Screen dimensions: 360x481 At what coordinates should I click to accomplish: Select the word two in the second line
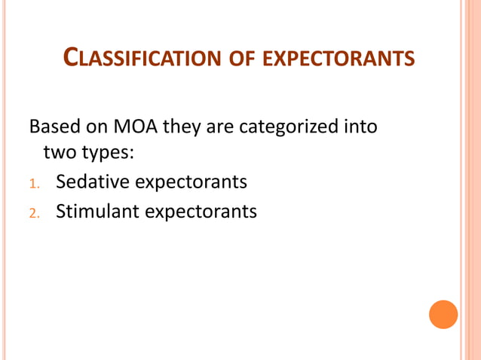(58, 154)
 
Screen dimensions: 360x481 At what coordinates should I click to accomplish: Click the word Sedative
(93, 182)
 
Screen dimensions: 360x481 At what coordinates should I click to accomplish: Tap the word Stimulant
(97, 211)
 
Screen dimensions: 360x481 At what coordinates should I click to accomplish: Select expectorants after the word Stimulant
(201, 212)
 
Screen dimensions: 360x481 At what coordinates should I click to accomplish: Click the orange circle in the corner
(443, 314)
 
